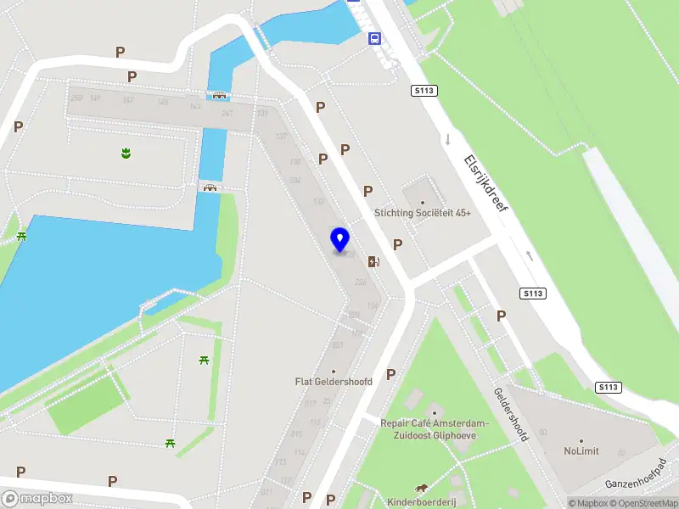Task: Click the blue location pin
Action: tap(340, 240)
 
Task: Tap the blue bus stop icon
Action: tap(374, 38)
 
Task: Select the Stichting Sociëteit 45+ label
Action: tap(423, 214)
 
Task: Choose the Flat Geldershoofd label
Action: tap(334, 382)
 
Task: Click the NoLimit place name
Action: tap(581, 451)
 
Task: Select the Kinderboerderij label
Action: tap(422, 502)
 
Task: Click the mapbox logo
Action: tap(37, 499)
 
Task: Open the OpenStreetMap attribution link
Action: tap(645, 503)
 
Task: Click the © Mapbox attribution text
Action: tap(588, 503)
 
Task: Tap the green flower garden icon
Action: tap(126, 154)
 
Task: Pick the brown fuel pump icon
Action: tap(373, 261)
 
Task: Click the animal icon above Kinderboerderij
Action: tap(422, 488)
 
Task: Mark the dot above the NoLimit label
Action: tap(581, 441)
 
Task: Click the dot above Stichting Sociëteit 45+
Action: tap(423, 202)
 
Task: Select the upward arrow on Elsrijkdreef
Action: tap(530, 254)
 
